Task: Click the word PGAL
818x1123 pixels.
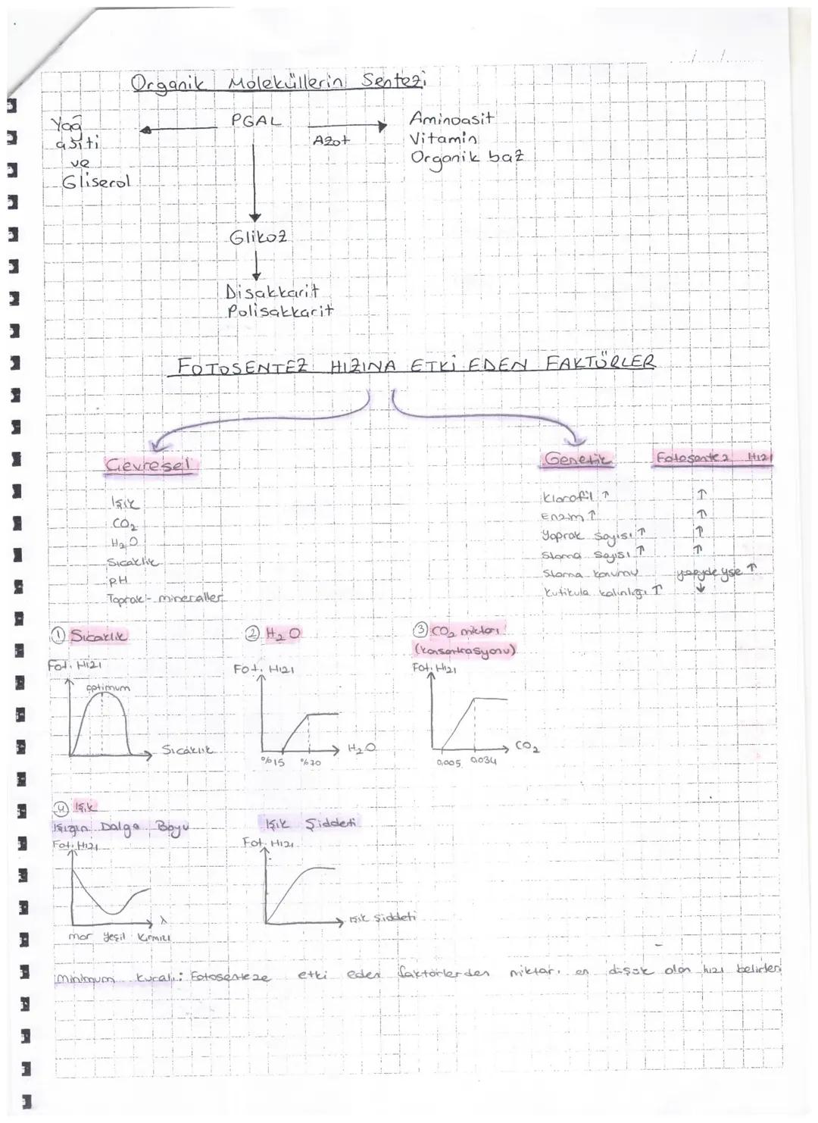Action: (256, 121)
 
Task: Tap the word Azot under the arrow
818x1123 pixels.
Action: (332, 141)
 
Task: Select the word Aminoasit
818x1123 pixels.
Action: (451, 118)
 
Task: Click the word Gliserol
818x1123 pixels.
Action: (96, 183)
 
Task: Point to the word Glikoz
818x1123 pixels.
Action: (258, 237)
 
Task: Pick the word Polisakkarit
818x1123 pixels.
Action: (279, 311)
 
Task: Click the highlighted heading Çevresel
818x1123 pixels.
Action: (149, 465)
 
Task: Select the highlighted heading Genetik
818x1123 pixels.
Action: (579, 459)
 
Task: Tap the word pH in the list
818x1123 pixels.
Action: (119, 580)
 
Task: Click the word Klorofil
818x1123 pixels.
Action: (567, 498)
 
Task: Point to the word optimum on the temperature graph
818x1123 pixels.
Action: (108, 688)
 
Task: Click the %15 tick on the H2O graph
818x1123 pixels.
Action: (273, 762)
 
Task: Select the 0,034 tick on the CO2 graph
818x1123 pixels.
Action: (483, 760)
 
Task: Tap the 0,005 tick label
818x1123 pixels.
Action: (448, 762)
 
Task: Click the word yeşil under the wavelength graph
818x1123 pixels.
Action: (113, 937)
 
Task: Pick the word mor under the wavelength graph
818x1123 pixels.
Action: (80, 937)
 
